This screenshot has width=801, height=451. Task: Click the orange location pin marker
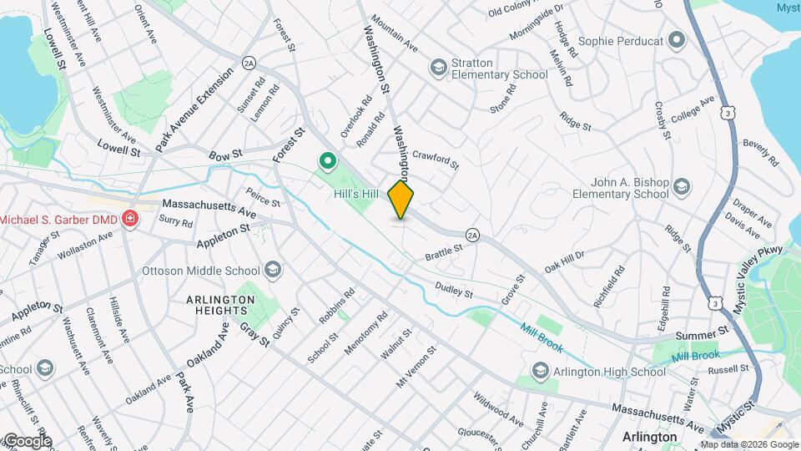point(400,200)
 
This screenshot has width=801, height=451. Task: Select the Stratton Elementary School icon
point(437,67)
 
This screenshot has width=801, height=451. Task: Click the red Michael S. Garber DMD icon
point(129,220)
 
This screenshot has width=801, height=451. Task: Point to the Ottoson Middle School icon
point(272,270)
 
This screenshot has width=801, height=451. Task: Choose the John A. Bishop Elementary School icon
point(682,185)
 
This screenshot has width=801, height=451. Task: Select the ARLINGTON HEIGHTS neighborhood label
point(220,305)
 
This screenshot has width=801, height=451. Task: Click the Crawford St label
point(435,159)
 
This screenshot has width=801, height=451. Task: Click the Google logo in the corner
point(28,440)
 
